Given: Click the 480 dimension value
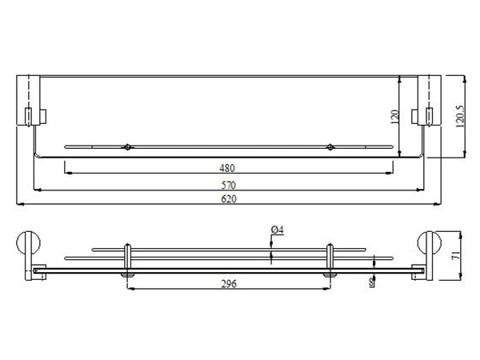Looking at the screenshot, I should pyautogui.click(x=229, y=168).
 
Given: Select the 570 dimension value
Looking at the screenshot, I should pyautogui.click(x=229, y=184).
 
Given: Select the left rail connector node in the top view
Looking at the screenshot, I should pyautogui.click(x=126, y=147).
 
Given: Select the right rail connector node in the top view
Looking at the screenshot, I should pyautogui.click(x=330, y=147).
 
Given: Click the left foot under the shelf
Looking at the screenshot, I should pyautogui.click(x=126, y=276).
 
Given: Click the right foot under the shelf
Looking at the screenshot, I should pyautogui.click(x=330, y=276).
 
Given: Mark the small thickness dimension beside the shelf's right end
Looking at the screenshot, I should pyautogui.click(x=373, y=282).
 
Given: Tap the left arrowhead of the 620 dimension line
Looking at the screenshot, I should pyautogui.click(x=20, y=206).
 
